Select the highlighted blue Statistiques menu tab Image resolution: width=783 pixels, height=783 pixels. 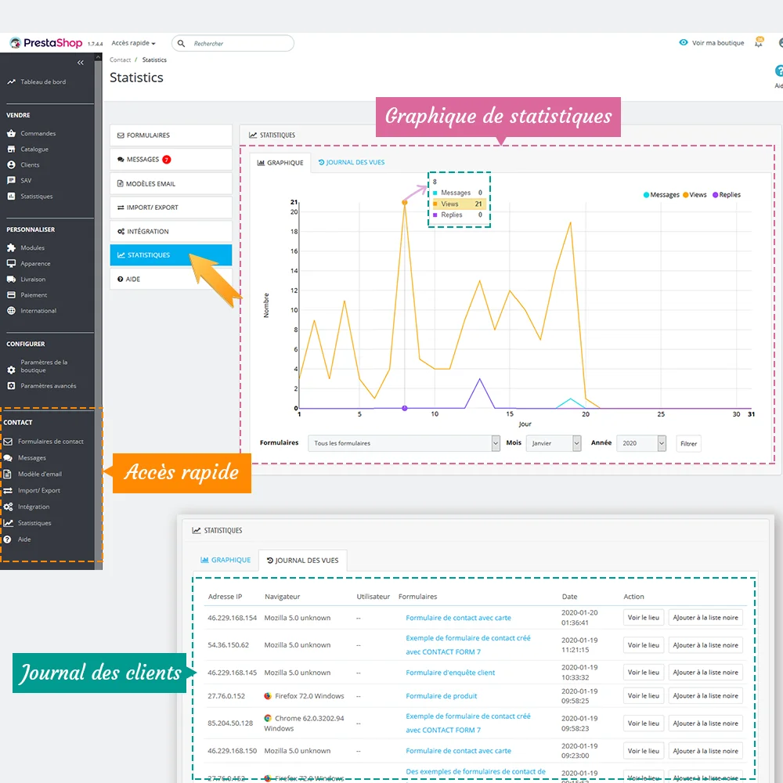pyautogui.click(x=171, y=255)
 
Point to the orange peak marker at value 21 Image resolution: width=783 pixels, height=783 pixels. pyautogui.click(x=405, y=203)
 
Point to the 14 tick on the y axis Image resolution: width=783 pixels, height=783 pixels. pyautogui.click(x=294, y=271)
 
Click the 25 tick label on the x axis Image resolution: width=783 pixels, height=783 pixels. pyautogui.click(x=661, y=414)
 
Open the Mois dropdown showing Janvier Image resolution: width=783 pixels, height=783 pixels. pyautogui.click(x=554, y=443)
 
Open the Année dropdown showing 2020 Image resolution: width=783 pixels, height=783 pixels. pyautogui.click(x=641, y=443)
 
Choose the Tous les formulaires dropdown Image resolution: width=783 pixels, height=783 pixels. pyautogui.click(x=403, y=443)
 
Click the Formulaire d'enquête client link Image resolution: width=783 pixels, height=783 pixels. pyautogui.click(x=450, y=673)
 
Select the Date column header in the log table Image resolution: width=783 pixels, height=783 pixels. pyautogui.click(x=569, y=597)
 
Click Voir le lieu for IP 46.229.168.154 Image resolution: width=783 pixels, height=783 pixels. pyautogui.click(x=644, y=618)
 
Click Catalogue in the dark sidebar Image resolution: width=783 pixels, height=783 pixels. pyautogui.click(x=34, y=150)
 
